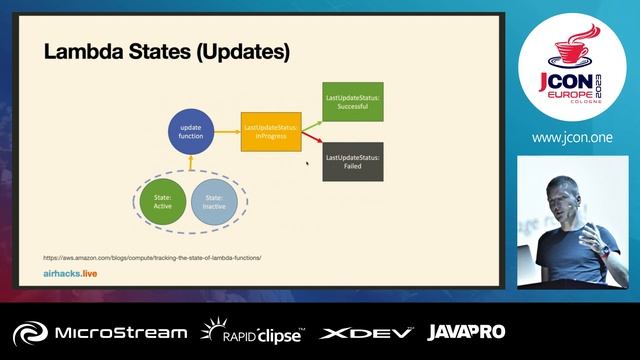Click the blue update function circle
(191, 132)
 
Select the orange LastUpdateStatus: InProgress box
(272, 132)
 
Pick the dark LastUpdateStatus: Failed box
(352, 162)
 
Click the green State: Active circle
(163, 203)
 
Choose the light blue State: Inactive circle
(214, 203)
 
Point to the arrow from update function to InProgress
(227, 132)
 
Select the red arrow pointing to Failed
(312, 146)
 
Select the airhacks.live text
(70, 272)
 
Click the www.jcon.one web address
(572, 137)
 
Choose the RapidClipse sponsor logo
(253, 332)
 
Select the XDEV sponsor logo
(364, 332)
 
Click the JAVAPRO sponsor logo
(466, 332)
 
